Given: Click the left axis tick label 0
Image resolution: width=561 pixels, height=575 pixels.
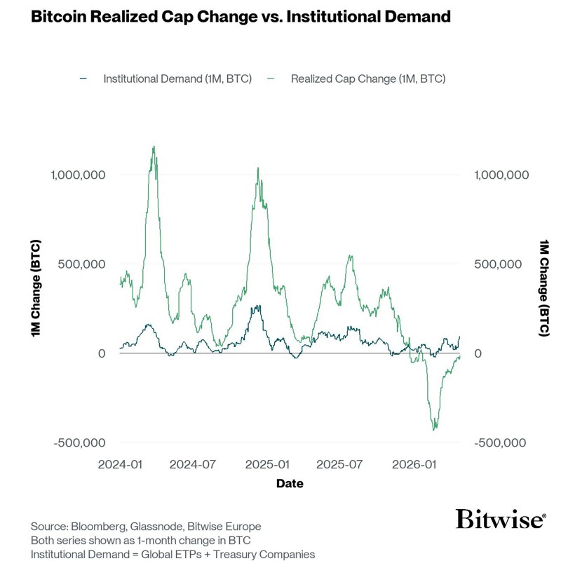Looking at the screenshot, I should point(102,353).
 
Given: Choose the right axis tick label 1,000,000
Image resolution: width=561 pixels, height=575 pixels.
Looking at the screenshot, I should point(501,175).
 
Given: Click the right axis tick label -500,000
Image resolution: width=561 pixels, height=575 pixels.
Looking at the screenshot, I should point(501,442).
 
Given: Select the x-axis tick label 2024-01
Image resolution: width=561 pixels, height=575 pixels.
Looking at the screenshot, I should point(120,465).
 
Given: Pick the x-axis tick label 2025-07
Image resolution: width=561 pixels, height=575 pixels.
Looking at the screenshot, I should point(340,465).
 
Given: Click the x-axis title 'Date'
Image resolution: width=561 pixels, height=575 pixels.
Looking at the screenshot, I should point(290,483).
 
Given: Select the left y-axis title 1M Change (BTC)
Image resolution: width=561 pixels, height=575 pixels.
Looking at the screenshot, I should point(36,288).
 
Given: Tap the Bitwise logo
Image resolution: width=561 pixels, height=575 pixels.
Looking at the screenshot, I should point(500,520).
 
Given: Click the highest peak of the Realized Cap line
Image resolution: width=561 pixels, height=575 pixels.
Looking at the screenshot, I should point(154,147).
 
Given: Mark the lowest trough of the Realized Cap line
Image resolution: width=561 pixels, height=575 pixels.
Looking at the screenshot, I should point(435,430).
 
